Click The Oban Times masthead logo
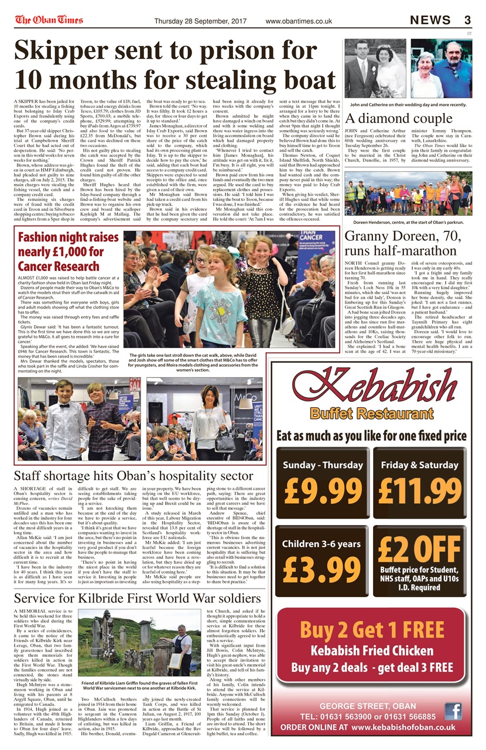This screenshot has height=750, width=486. [x=49, y=20]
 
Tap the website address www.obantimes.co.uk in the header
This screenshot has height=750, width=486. [x=299, y=22]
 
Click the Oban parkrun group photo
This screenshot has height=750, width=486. [x=408, y=193]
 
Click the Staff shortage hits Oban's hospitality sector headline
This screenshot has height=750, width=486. [x=134, y=474]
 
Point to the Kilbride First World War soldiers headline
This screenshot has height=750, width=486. [x=138, y=598]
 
